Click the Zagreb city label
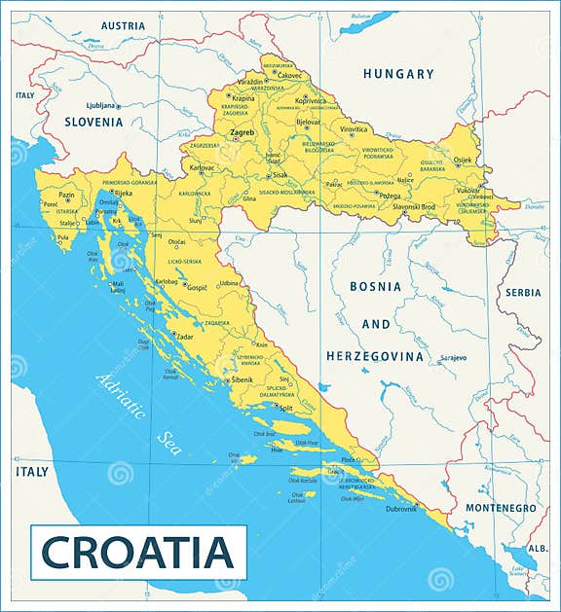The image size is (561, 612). (241, 132)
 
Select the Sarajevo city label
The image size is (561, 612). (453, 358)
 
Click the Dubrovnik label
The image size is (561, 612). (400, 509)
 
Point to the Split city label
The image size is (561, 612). (285, 409)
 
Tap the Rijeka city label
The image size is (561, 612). (123, 194)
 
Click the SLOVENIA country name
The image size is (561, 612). (93, 123)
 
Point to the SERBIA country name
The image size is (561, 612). (523, 293)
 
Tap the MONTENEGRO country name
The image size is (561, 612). (500, 508)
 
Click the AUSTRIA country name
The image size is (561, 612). (123, 25)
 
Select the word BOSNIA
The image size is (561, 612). (375, 287)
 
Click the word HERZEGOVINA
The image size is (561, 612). (375, 356)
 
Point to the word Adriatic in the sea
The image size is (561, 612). (121, 397)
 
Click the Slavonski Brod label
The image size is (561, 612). (413, 206)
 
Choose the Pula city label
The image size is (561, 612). (63, 237)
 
